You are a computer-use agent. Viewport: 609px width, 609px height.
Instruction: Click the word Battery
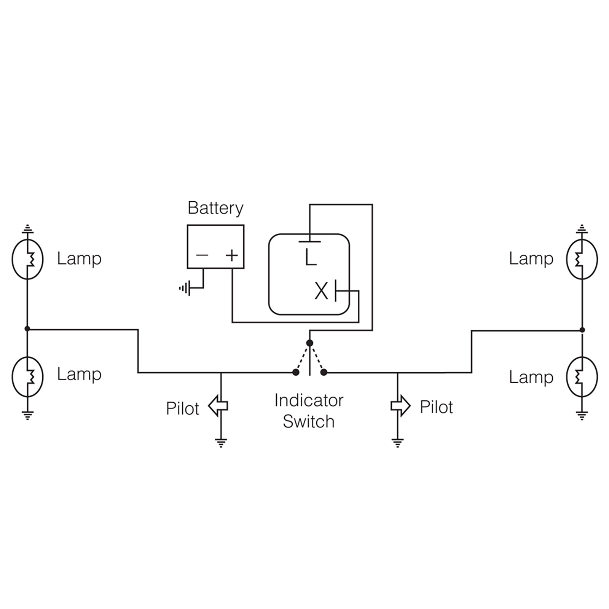pyautogui.click(x=215, y=209)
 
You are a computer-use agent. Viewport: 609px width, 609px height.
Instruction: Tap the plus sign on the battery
pyautogui.click(x=232, y=255)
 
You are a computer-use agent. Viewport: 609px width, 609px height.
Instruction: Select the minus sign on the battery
pyautogui.click(x=202, y=255)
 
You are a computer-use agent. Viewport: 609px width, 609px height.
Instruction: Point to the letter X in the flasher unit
pyautogui.click(x=321, y=292)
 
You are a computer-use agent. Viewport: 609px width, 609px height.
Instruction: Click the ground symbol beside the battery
pyautogui.click(x=185, y=289)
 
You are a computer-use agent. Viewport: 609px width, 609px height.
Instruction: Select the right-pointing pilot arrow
pyautogui.click(x=400, y=406)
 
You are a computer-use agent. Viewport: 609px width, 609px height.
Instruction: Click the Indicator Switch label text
pyautogui.click(x=309, y=411)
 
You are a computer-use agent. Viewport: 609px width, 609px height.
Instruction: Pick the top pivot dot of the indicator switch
pyautogui.click(x=310, y=343)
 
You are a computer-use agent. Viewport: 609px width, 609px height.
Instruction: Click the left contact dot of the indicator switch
pyautogui.click(x=296, y=372)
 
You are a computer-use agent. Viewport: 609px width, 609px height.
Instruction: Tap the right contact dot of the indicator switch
pyautogui.click(x=324, y=372)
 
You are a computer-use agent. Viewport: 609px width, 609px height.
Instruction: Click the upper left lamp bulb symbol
pyautogui.click(x=27, y=259)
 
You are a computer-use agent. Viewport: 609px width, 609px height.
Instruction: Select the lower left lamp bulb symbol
pyautogui.click(x=27, y=376)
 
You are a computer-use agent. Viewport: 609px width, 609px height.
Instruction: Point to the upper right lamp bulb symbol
pyautogui.click(x=582, y=259)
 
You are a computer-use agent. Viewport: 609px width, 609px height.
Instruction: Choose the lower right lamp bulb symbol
pyautogui.click(x=582, y=376)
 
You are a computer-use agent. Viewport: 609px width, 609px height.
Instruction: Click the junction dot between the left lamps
pyautogui.click(x=27, y=328)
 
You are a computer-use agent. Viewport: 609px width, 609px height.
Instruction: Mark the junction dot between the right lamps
pyautogui.click(x=582, y=330)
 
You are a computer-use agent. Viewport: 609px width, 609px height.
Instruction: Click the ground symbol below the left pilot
pyautogui.click(x=221, y=443)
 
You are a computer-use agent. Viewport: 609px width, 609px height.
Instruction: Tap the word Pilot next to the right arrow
pyautogui.click(x=436, y=407)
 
